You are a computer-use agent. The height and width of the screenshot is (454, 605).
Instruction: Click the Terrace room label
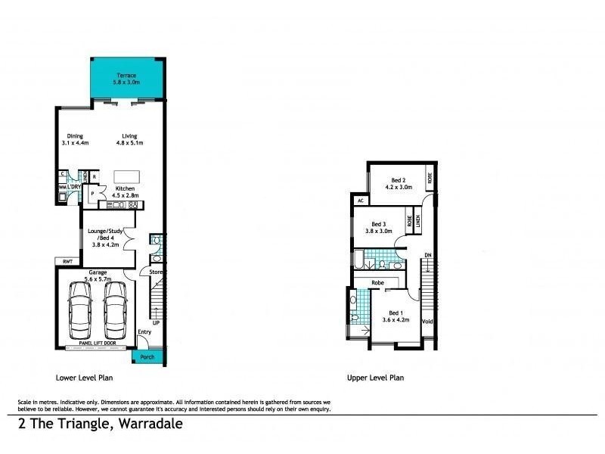pos(126,75)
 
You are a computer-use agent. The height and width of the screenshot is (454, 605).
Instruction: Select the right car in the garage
pos(116,311)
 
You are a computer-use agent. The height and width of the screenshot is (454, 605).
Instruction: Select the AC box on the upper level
pos(360,201)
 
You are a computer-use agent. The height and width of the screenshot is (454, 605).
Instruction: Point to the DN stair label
pos(428,254)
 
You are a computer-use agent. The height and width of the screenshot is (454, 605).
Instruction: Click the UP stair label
pos(155,322)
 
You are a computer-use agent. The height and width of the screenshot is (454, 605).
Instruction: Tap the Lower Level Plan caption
pos(85,377)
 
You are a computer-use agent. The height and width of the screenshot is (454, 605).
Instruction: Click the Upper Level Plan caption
pos(376,377)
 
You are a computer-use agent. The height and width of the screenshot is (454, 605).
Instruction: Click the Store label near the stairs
pos(156,271)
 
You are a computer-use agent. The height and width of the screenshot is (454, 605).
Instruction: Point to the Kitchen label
pos(125,188)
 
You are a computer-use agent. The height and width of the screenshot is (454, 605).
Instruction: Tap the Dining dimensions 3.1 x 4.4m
pos(76,143)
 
